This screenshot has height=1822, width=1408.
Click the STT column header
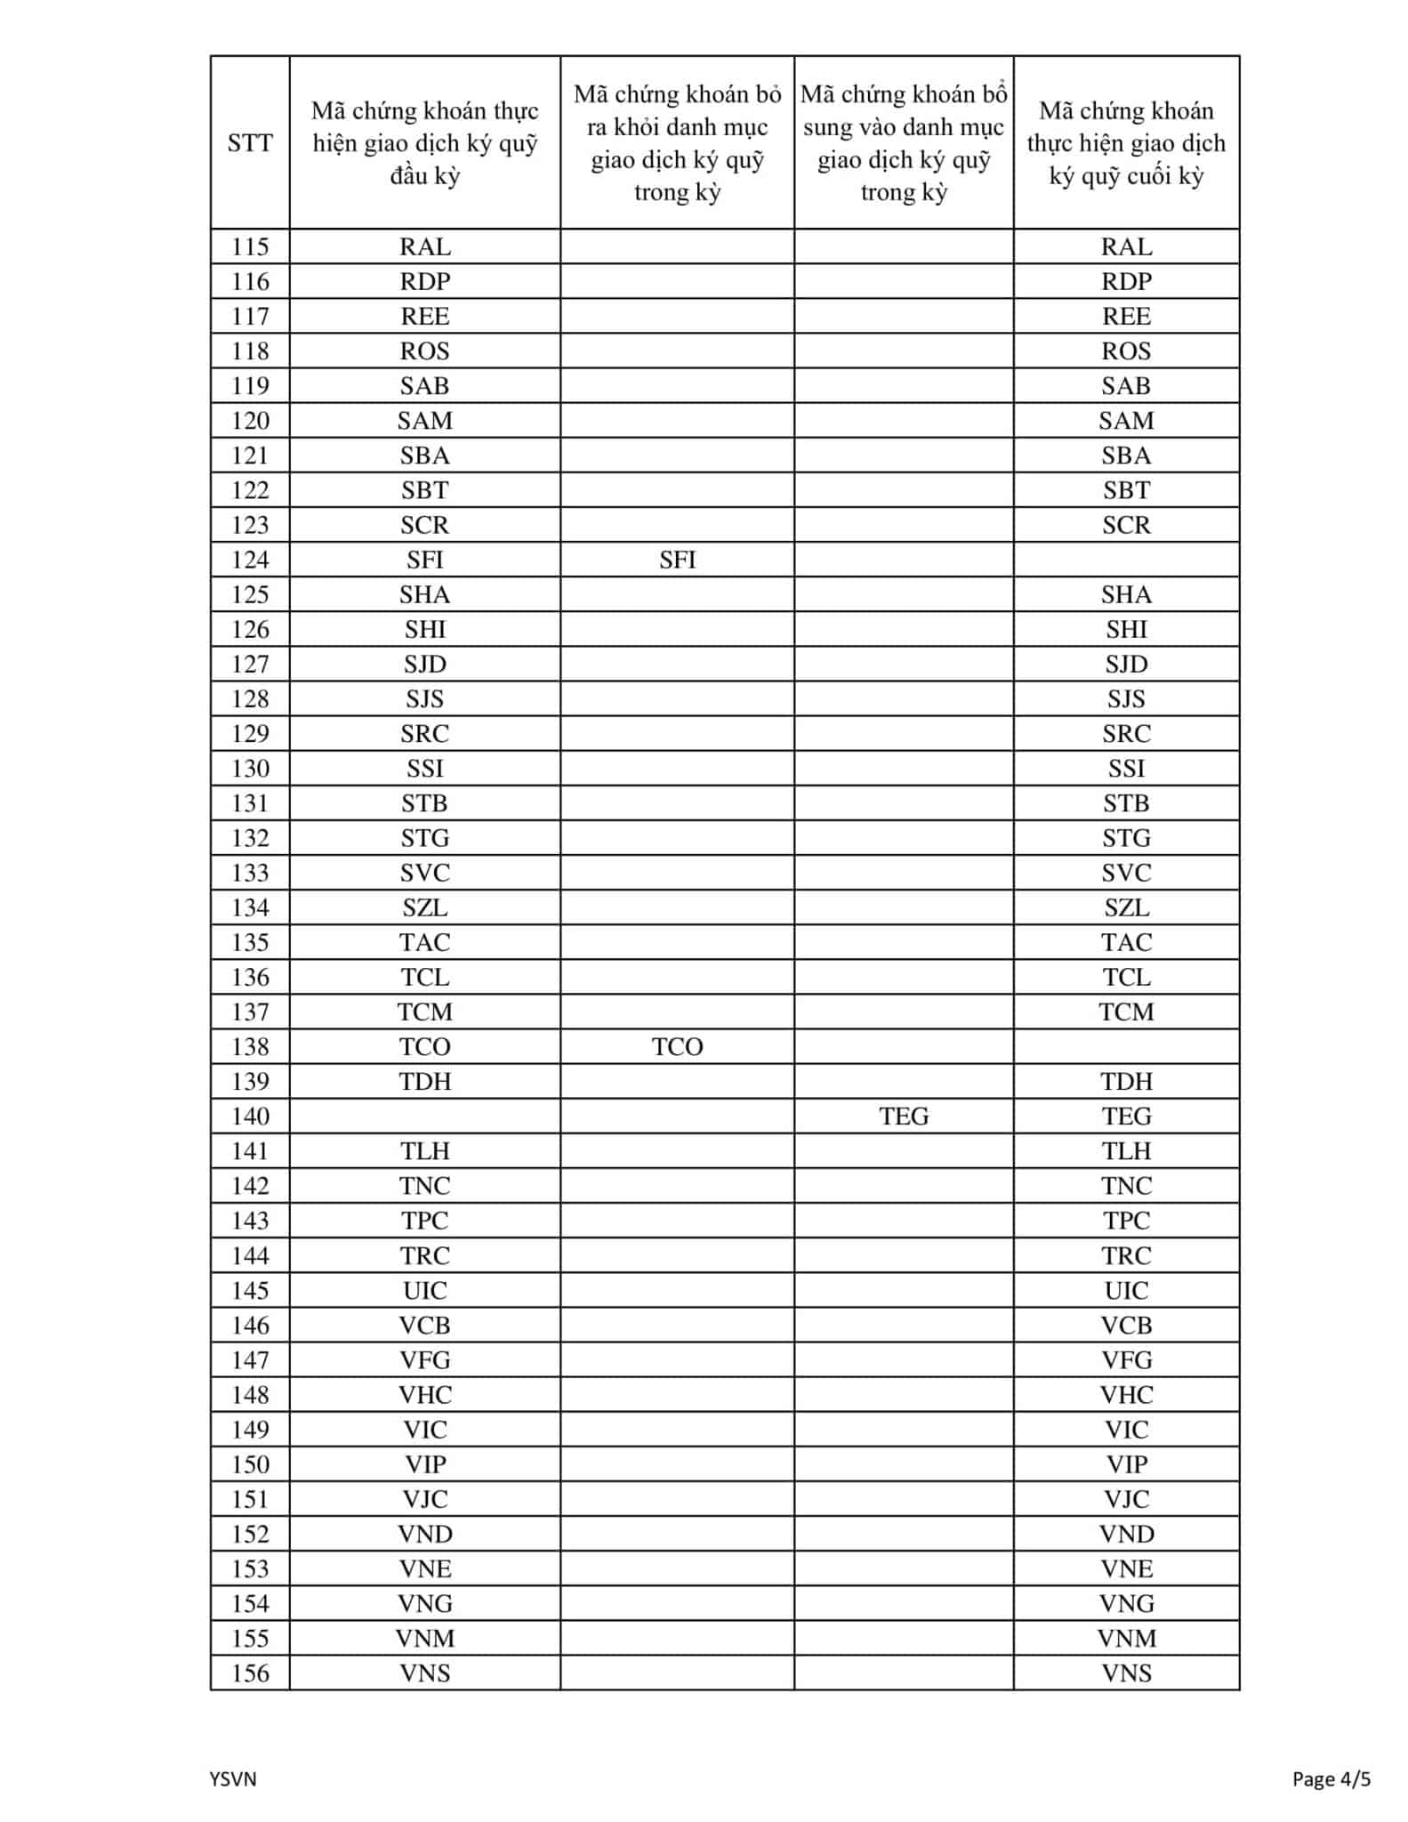tap(250, 142)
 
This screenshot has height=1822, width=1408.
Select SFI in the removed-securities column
tap(677, 560)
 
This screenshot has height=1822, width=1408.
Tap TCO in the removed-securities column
tap(677, 1046)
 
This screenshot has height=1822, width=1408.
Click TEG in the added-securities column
tap(904, 1116)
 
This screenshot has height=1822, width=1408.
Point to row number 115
tap(250, 246)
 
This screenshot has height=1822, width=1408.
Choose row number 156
tap(250, 1673)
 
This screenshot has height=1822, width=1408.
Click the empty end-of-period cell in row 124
tap(1126, 560)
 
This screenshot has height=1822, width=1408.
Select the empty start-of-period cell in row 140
tap(425, 1116)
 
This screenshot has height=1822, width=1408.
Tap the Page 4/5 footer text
tap(1331, 1778)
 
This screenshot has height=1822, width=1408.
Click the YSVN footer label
tap(233, 1778)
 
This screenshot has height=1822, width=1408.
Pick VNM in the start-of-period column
tap(425, 1638)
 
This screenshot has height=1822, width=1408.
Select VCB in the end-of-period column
tap(1126, 1325)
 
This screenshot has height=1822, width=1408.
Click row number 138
tap(250, 1046)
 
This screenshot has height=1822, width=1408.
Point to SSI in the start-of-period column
tap(425, 768)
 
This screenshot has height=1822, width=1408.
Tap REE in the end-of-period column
tap(1126, 316)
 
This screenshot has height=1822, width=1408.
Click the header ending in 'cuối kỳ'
tap(1126, 142)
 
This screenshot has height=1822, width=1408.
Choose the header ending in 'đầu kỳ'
tap(425, 142)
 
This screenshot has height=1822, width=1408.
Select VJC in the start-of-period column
tap(425, 1499)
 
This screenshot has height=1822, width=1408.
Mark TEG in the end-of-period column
tap(1126, 1116)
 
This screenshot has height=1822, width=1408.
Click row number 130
tap(250, 768)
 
